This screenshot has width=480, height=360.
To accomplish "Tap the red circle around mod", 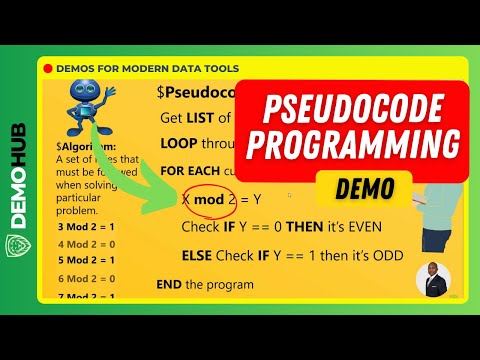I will click(209, 199).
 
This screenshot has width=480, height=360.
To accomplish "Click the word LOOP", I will click(180, 143).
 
